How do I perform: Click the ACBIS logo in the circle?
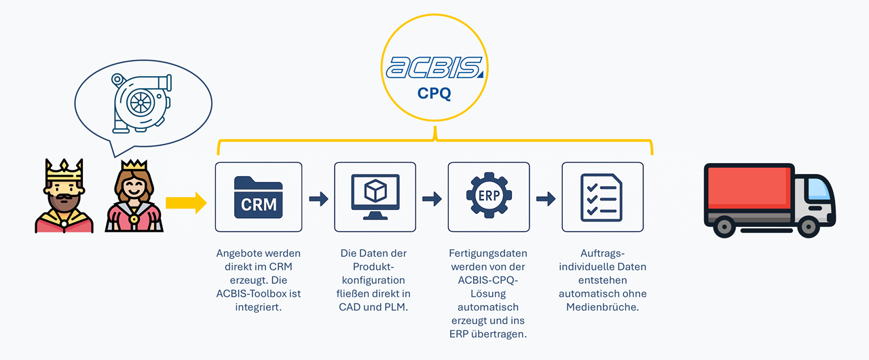[x=434, y=68]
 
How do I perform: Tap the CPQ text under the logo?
[x=434, y=94]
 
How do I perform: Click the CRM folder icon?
[x=259, y=197]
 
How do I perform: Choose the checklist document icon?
[x=602, y=197]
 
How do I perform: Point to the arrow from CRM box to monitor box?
[x=318, y=199]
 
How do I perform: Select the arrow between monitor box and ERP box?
[x=432, y=199]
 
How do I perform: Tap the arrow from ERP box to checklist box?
[x=546, y=199]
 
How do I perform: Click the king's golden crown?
[x=64, y=169]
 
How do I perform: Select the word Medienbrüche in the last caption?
[x=602, y=307]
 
